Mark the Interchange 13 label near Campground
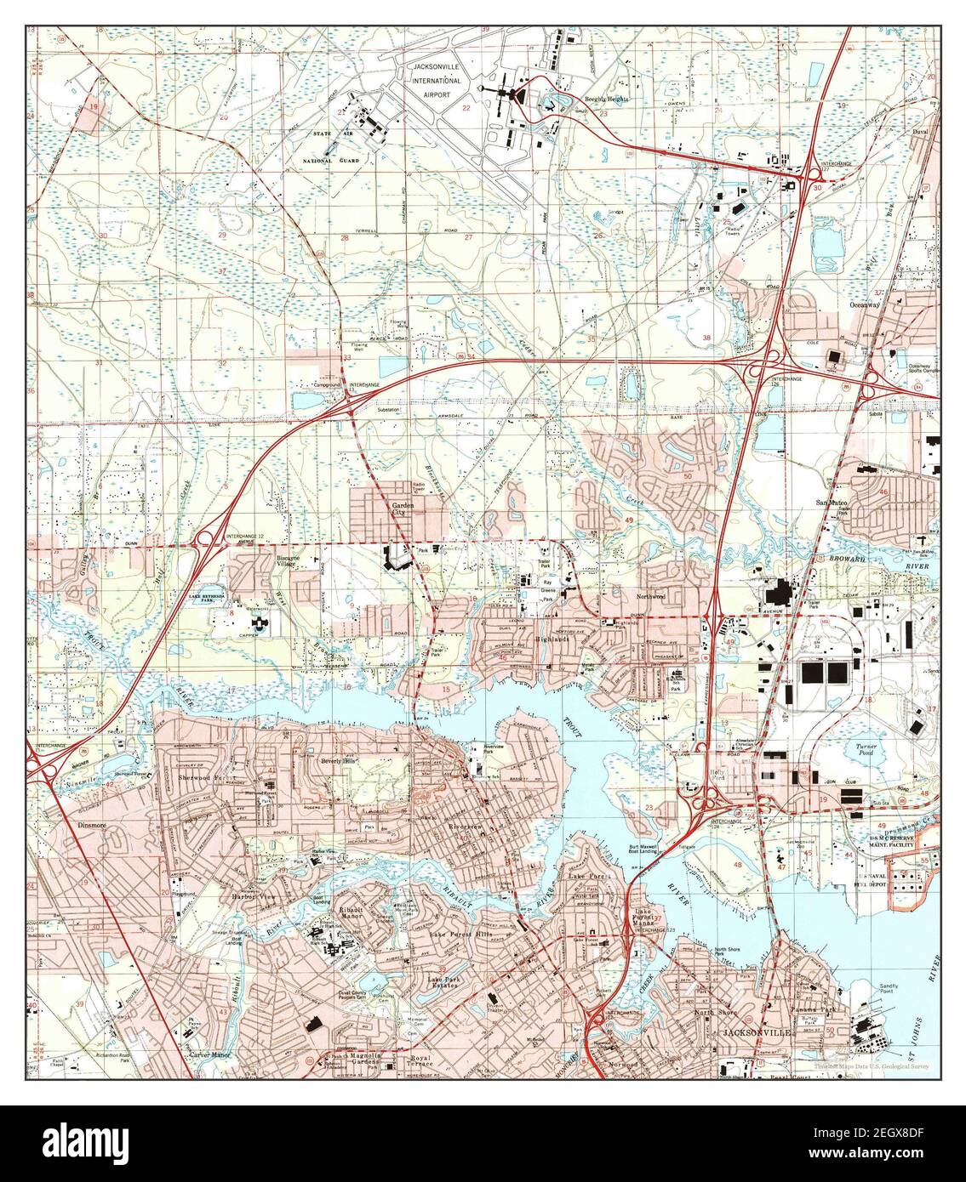[360, 384]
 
